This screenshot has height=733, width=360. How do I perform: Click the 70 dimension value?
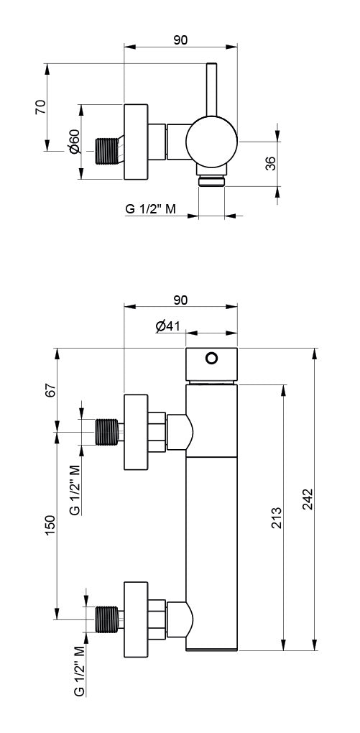tap(41, 108)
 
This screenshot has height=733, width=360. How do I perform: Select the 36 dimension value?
tap(270, 163)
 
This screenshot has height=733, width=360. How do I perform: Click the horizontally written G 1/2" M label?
tap(151, 209)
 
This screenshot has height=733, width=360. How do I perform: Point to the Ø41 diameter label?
tap(167, 326)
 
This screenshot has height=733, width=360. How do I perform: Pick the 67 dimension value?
tap(50, 389)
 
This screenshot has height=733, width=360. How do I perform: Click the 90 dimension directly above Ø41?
tap(180, 300)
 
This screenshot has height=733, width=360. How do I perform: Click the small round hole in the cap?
tap(211, 358)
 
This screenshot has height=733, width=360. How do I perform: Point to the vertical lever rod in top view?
tap(212, 90)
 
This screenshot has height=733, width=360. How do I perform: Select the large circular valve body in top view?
tap(211, 142)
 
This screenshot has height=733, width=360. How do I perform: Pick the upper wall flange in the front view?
tap(137, 432)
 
